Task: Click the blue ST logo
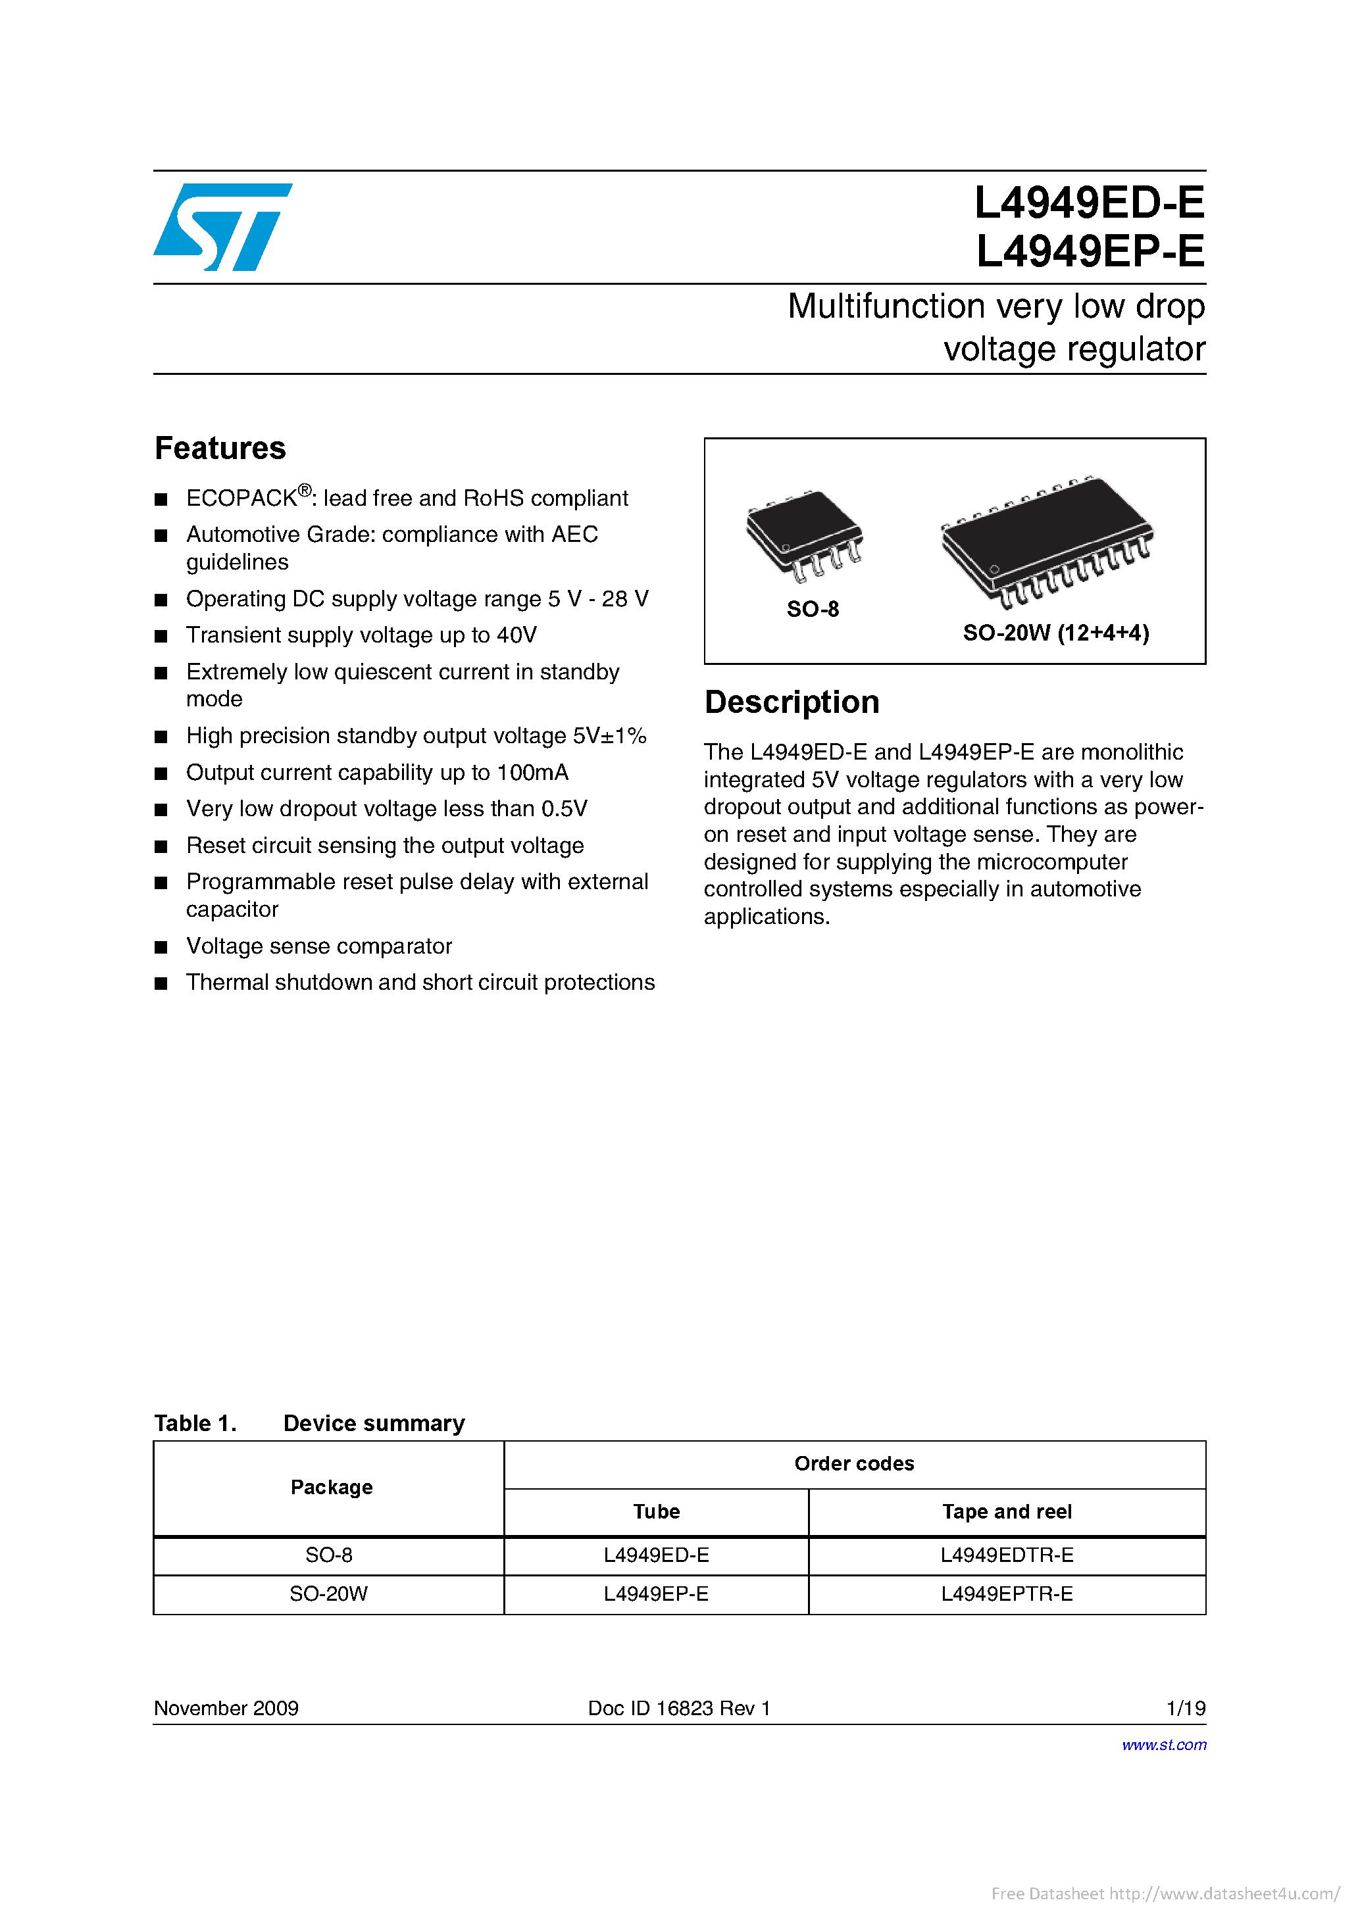[x=221, y=227]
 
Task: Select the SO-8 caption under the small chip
[x=812, y=610]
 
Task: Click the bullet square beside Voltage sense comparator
[x=161, y=947]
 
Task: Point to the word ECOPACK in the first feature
[x=241, y=499]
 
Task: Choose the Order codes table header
[x=854, y=1464]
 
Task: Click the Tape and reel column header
[x=1007, y=1512]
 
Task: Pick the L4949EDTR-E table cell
[x=1007, y=1555]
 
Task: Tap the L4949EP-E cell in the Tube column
[x=655, y=1594]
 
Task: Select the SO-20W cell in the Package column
[x=328, y=1594]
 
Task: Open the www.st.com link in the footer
[x=1163, y=1745]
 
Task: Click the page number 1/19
[x=1185, y=1709]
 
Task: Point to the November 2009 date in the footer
[x=226, y=1709]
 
